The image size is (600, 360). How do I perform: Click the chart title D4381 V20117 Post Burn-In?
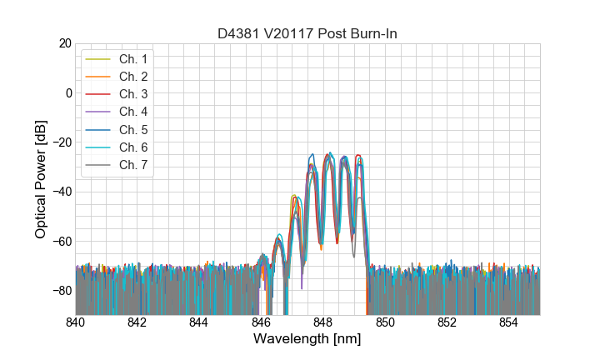tap(307, 33)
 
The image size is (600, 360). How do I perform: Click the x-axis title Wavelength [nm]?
tap(307, 340)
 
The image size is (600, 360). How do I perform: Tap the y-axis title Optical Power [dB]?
tap(41, 179)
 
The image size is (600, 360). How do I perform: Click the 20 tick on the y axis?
tap(63, 43)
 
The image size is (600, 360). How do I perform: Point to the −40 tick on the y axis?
tap(60, 192)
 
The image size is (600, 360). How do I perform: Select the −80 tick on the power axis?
tap(60, 291)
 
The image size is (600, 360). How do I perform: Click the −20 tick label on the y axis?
tap(60, 142)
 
